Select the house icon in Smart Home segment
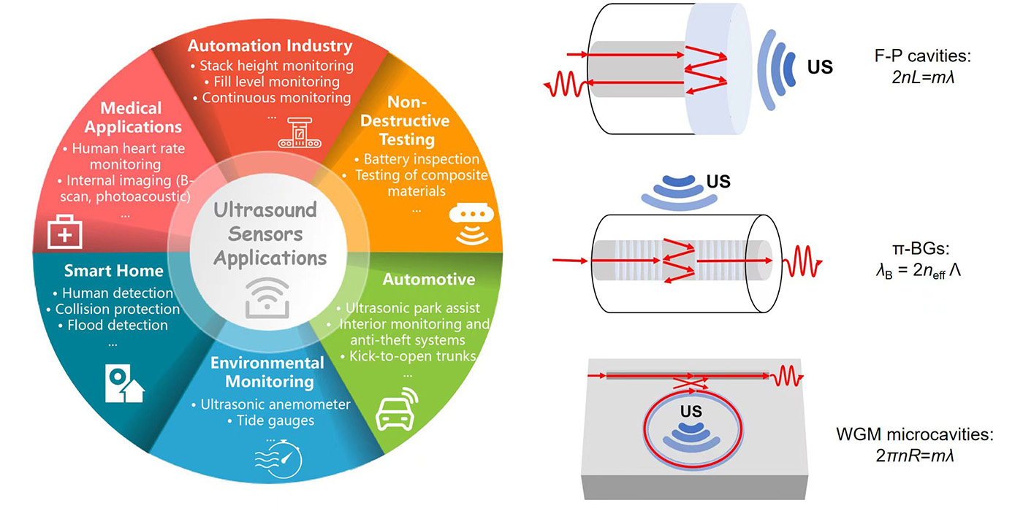(x=123, y=384)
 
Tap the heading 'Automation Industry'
(x=270, y=46)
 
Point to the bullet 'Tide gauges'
(x=270, y=420)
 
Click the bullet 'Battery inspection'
(x=417, y=158)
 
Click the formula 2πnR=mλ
(x=915, y=455)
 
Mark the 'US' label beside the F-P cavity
(x=819, y=68)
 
